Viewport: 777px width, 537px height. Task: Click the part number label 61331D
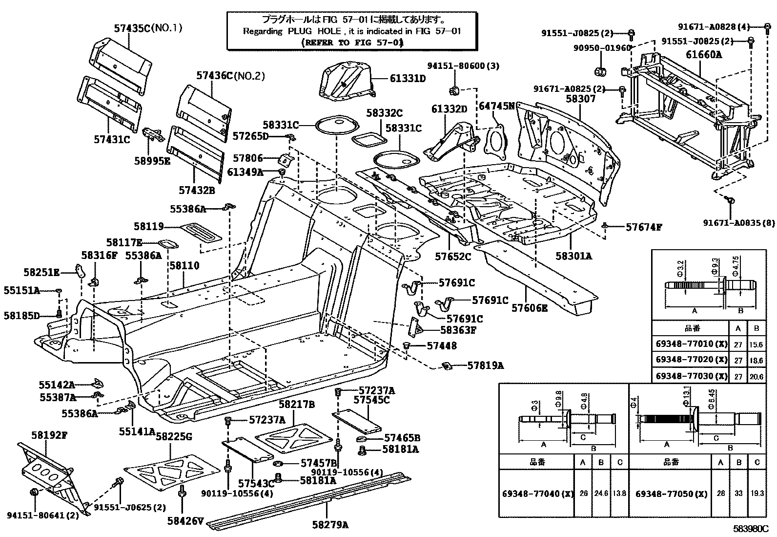pos(408,78)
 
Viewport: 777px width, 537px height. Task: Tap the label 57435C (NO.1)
pos(148,28)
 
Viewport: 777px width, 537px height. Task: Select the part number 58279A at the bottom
pos(330,525)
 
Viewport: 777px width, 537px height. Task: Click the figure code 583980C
pos(750,529)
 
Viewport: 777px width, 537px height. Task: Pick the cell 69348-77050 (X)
pos(671,494)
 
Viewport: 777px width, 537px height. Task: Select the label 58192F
pos(49,435)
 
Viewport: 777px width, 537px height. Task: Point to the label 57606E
pos(530,307)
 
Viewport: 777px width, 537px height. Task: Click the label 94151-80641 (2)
pos(43,515)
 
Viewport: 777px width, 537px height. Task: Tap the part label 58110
pos(184,265)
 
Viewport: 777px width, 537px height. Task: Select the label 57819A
pos(485,365)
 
